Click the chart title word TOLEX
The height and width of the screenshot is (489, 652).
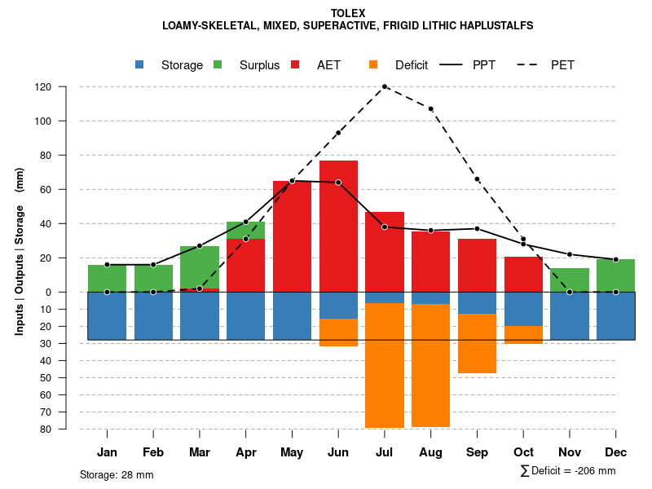pos(348,13)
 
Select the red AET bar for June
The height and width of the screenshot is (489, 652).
pos(338,226)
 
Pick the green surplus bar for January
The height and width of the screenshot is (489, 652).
pos(107,278)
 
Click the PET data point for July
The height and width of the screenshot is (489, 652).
pos(385,86)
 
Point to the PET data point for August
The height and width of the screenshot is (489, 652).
pos(430,108)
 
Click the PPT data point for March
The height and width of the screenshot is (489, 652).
pos(200,246)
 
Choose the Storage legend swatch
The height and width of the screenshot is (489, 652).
pos(140,64)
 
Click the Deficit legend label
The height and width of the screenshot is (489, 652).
pos(411,65)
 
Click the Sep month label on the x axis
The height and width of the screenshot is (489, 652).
pos(477,452)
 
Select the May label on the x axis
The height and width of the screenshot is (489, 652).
pos(292,452)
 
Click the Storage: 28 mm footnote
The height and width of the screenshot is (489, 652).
pos(117,474)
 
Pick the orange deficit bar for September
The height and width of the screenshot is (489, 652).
pos(477,343)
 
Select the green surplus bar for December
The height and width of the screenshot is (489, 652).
pos(615,275)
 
